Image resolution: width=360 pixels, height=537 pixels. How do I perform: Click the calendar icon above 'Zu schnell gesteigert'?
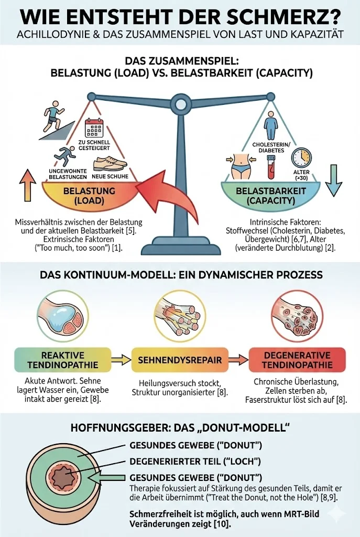[95, 128]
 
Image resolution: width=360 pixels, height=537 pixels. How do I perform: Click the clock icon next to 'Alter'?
[301, 158]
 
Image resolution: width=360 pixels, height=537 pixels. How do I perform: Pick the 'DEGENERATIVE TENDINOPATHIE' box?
[298, 360]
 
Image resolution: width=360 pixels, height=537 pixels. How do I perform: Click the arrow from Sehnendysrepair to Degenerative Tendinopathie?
[239, 360]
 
